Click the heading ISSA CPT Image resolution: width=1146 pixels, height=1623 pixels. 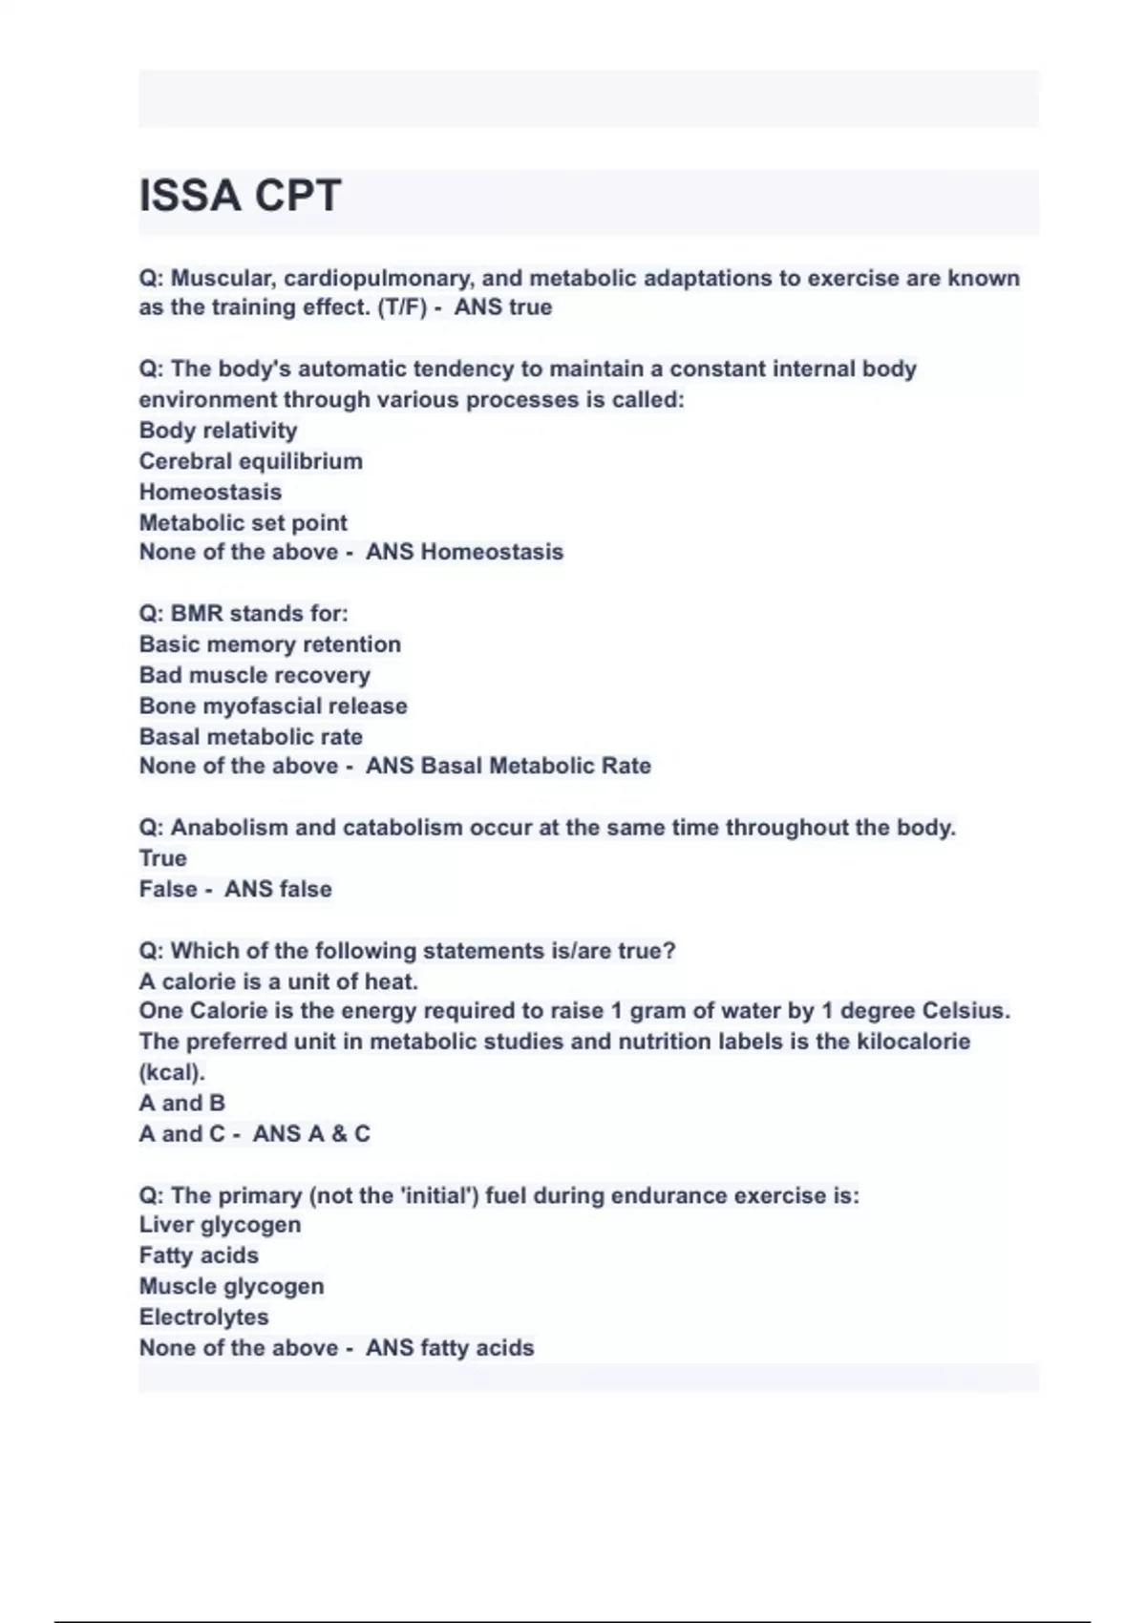[x=240, y=197]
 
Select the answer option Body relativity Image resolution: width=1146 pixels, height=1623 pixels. [x=218, y=431]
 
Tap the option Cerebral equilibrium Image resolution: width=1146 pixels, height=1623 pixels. [x=250, y=461]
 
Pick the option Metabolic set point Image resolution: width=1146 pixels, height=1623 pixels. [x=243, y=523]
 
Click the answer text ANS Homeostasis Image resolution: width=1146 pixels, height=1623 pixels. [x=464, y=552]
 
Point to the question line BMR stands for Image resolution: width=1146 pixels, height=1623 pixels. [x=244, y=614]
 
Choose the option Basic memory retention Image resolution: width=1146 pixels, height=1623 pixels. [x=269, y=644]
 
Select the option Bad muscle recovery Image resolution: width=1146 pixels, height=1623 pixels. [x=254, y=675]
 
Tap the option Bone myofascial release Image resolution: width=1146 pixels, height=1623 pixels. [x=273, y=706]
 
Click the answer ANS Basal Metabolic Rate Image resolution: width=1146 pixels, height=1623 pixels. [x=508, y=766]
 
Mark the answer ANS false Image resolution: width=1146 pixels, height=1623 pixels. [x=278, y=889]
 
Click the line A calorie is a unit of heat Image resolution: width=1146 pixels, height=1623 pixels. [x=278, y=981]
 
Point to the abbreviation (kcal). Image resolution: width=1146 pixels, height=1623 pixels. [x=172, y=1072]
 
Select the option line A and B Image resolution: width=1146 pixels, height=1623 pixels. [x=181, y=1103]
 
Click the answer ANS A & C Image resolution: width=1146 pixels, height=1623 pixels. [x=311, y=1133]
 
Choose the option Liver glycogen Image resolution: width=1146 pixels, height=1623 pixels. [x=220, y=1225]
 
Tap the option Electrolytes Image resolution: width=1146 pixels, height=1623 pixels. [x=203, y=1317]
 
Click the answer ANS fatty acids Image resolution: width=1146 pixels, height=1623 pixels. [x=450, y=1348]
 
